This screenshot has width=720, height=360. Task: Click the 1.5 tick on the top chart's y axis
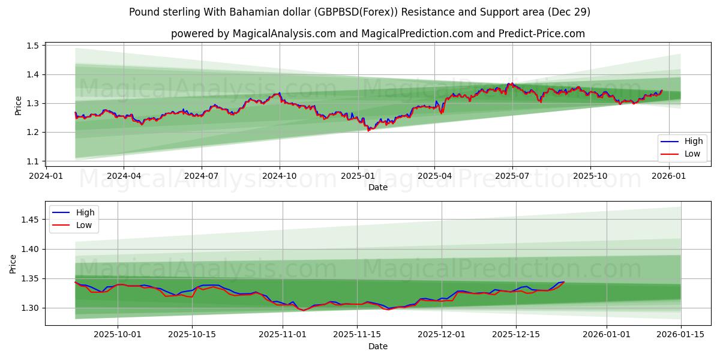click(x=33, y=46)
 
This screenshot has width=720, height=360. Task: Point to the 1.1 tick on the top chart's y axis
click(x=33, y=161)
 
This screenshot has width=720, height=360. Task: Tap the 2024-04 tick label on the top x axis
click(x=124, y=176)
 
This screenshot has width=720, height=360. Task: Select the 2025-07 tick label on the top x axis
click(x=512, y=176)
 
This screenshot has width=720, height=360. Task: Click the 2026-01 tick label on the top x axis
click(x=668, y=176)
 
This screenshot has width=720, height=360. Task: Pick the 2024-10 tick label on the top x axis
click(x=279, y=176)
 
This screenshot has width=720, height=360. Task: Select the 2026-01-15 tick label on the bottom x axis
click(x=680, y=335)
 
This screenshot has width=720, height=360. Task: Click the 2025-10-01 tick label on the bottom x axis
click(x=118, y=335)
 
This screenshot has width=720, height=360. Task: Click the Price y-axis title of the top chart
click(x=18, y=106)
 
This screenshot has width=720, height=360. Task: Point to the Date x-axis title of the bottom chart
click(x=378, y=347)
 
